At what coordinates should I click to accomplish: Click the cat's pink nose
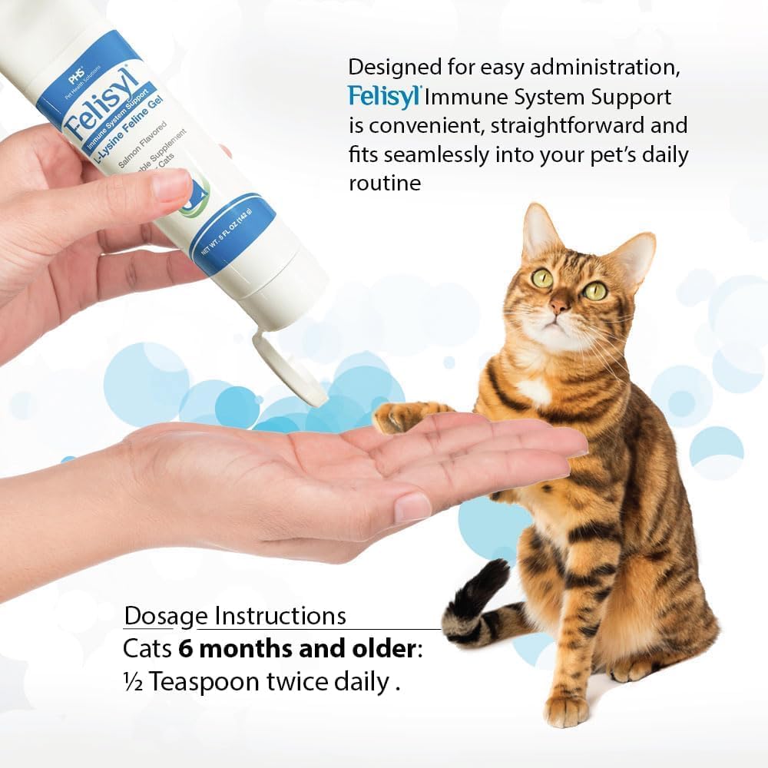click(x=559, y=306)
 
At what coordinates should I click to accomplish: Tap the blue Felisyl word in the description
click(x=383, y=97)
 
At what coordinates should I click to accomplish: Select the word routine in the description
click(x=385, y=183)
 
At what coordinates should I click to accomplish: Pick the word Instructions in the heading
click(x=280, y=616)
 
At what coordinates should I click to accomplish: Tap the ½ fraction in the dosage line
click(x=134, y=682)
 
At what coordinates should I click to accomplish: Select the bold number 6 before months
click(x=187, y=649)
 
